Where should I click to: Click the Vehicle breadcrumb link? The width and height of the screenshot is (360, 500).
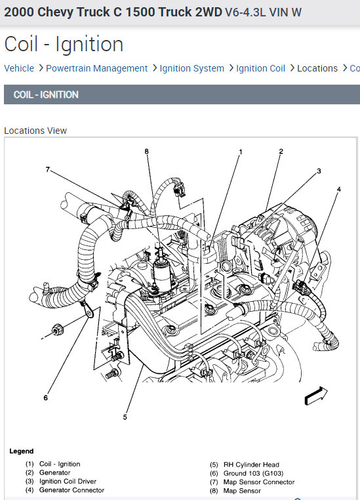[19, 68]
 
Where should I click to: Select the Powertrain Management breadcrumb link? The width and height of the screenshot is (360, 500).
[96, 68]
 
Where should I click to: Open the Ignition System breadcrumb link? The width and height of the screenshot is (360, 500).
[191, 68]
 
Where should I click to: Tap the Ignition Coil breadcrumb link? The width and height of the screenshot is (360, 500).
[260, 68]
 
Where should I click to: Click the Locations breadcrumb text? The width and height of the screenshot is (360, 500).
[317, 68]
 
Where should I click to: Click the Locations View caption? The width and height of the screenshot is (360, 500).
[35, 131]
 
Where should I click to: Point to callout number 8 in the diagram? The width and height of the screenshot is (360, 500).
[146, 151]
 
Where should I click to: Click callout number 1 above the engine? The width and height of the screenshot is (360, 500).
[241, 152]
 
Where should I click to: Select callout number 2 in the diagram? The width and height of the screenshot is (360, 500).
[281, 151]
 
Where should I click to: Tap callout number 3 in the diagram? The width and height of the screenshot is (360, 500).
[319, 171]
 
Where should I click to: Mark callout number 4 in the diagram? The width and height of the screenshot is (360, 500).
[339, 189]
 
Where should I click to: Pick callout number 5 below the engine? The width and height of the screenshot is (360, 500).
[125, 417]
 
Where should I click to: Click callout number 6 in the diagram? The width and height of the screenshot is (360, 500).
[45, 398]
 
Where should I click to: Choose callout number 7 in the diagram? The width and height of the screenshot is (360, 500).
[48, 169]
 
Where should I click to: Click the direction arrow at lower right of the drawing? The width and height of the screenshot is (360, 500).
[315, 396]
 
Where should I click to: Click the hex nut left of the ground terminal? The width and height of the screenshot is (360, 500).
[57, 329]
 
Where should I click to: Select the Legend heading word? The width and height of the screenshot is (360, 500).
[22, 451]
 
